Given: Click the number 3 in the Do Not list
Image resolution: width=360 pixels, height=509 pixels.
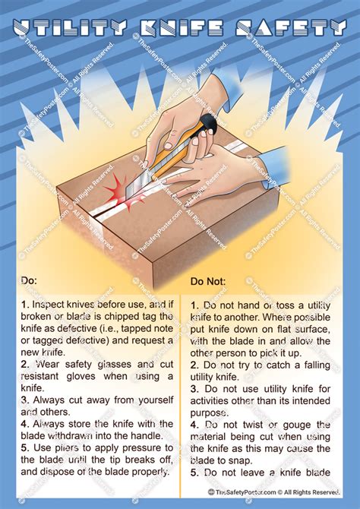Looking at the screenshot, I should (x=194, y=387).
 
